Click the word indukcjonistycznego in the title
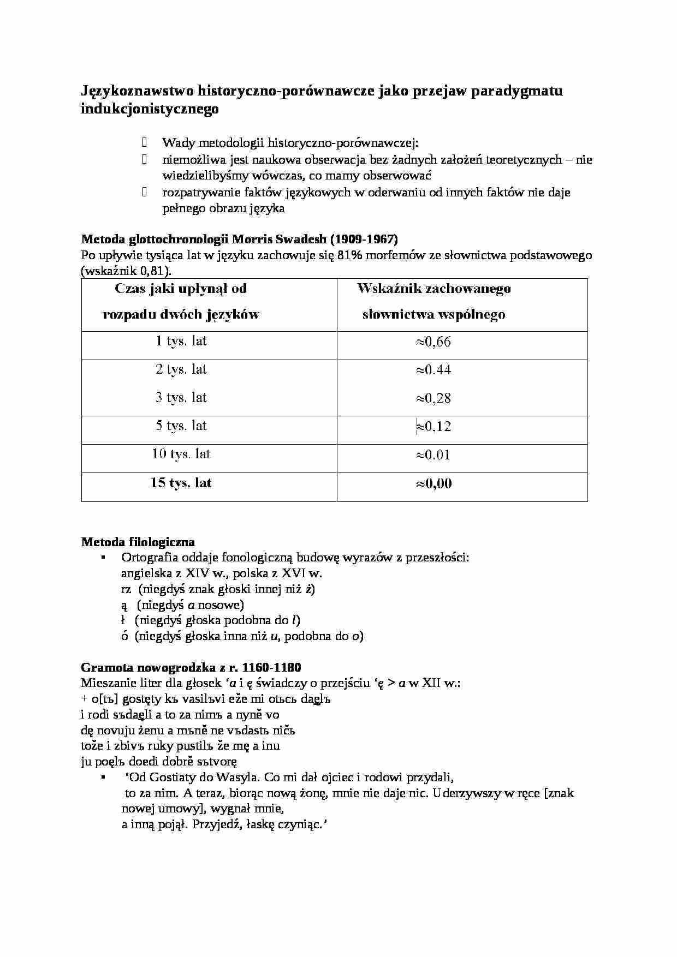(150, 109)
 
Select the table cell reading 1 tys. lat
(181, 342)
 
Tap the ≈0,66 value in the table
(433, 342)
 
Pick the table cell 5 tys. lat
(181, 426)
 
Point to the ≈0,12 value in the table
(433, 427)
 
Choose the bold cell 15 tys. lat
(181, 483)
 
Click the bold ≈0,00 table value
(434, 483)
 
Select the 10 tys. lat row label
(181, 454)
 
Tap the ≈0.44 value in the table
(433, 370)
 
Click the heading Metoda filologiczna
(138, 542)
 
